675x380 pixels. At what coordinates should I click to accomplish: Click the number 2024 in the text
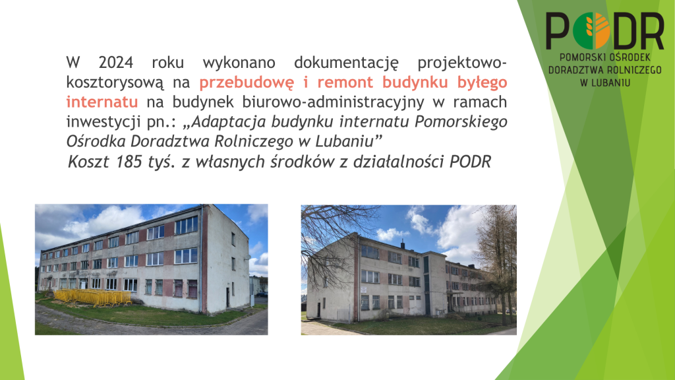115,63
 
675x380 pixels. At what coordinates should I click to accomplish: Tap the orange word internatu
102,102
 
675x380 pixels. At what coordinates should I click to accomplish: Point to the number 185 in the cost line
129,162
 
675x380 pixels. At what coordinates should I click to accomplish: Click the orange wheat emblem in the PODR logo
597,30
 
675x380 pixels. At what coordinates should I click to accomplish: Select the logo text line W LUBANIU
605,82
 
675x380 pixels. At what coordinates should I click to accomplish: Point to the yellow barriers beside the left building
93,297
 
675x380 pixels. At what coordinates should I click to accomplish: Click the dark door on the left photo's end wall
227,298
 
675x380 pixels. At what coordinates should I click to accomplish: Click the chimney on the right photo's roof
403,245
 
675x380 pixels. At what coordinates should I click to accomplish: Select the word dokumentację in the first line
347,63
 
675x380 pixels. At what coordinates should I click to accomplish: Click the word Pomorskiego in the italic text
461,122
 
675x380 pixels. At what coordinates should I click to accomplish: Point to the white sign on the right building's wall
364,290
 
